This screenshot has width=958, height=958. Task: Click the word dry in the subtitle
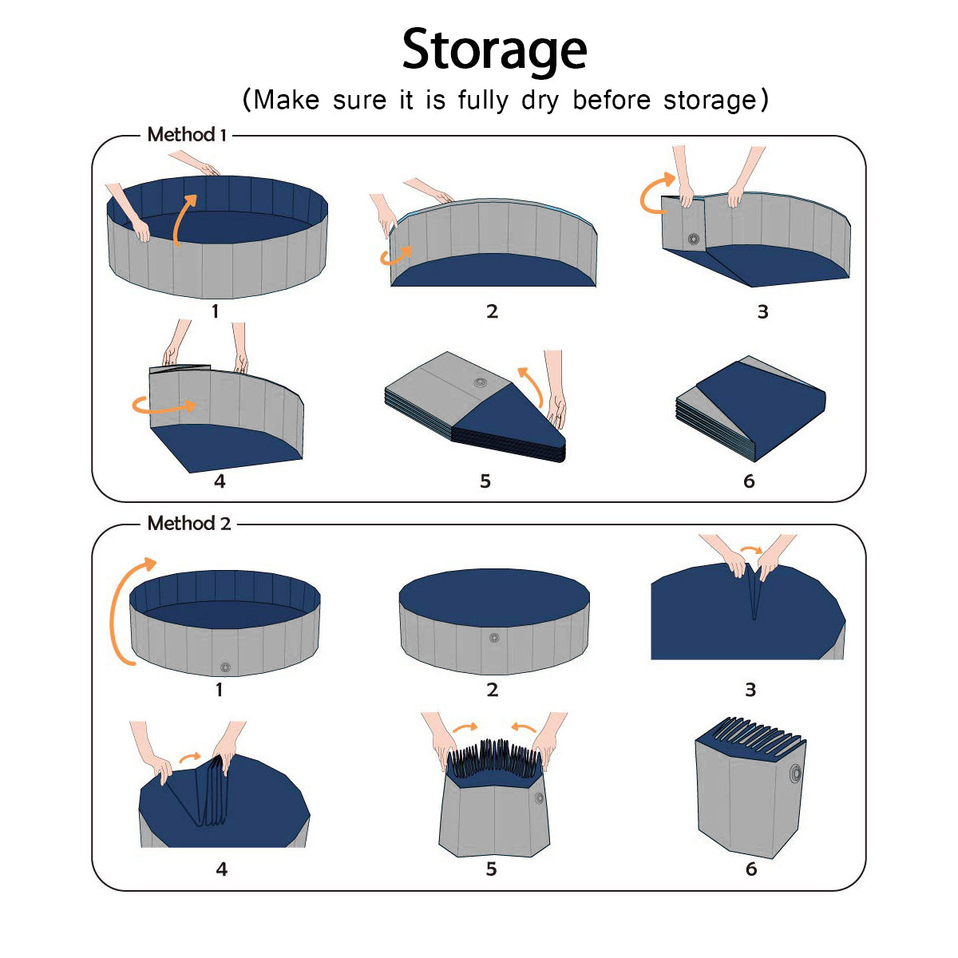(540, 101)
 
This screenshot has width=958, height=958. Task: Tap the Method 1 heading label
(187, 134)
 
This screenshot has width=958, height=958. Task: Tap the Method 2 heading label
(189, 523)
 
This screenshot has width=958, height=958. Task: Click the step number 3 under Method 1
(762, 311)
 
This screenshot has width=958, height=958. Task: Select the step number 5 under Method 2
(491, 869)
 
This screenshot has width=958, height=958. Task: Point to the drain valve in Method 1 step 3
(694, 239)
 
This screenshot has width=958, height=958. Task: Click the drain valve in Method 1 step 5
(480, 382)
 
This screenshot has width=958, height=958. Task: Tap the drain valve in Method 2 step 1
(225, 667)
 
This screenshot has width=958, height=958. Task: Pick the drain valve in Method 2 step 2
(493, 638)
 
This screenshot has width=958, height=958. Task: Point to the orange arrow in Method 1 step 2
(395, 256)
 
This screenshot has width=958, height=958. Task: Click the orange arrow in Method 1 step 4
(164, 409)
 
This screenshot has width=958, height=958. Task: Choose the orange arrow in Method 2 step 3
(751, 548)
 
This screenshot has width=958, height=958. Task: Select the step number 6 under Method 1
(749, 481)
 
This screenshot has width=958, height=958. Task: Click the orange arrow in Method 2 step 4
(189, 758)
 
